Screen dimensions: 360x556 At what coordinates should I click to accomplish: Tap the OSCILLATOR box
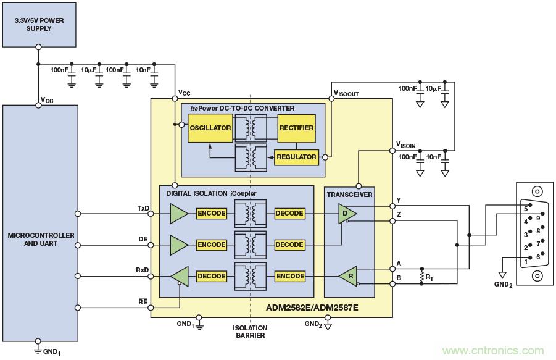coord(210,128)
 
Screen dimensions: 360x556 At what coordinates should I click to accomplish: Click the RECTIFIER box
coord(296,128)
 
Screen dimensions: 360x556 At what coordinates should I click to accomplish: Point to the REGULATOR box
coord(296,157)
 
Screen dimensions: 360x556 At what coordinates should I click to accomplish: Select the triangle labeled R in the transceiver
coord(348,276)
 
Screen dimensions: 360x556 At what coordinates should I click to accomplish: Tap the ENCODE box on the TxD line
coord(212,213)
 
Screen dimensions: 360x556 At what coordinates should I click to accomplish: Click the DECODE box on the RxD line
coord(212,276)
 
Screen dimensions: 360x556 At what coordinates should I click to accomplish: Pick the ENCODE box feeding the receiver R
coord(289,276)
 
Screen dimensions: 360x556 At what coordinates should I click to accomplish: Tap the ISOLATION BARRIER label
coord(249,332)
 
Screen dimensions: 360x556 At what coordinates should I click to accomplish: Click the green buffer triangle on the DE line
coord(179,245)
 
